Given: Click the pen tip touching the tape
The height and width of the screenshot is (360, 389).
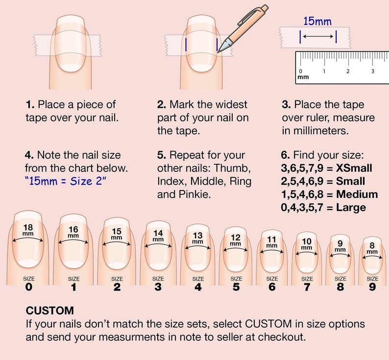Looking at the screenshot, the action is click(218, 52).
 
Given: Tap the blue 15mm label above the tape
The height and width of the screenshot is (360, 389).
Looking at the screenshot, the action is click(317, 21).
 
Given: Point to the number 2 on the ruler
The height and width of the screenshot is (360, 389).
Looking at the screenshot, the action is click(348, 71).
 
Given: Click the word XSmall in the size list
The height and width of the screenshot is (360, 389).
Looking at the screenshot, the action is click(354, 168).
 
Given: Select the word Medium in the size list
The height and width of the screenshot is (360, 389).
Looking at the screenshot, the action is click(357, 194).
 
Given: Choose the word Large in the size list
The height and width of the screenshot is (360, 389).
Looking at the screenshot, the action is click(351, 208).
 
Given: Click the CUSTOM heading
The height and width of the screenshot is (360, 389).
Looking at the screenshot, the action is click(50, 311).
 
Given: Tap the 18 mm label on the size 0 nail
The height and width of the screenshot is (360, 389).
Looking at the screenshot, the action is click(28, 230).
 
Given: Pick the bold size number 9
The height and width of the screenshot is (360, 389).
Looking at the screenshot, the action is click(372, 287).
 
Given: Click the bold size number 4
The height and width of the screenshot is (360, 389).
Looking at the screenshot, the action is click(198, 287).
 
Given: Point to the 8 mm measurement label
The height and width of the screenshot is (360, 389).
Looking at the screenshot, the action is click(372, 248).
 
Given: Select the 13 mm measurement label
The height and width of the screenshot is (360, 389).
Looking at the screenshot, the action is click(198, 238).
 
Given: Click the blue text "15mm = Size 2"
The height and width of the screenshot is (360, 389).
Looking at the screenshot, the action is click(65, 181).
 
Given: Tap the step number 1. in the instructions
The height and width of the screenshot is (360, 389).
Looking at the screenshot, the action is click(30, 104).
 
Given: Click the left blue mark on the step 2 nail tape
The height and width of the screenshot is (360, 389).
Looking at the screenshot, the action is click(186, 45).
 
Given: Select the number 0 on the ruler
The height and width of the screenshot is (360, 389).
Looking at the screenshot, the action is click(300, 71).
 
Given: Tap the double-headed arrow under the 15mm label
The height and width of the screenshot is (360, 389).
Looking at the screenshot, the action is click(318, 36).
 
